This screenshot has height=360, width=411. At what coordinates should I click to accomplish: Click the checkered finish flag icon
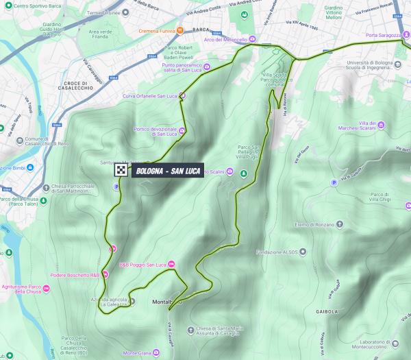pos(121,171)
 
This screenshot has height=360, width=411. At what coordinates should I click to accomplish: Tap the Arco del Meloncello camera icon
pos(252,38)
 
